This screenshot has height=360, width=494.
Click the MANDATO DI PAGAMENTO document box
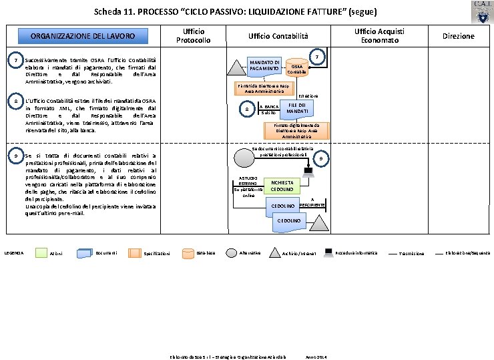[264, 65]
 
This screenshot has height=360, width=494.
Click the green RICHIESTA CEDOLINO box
[280, 186]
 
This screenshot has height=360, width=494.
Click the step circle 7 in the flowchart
[319, 57]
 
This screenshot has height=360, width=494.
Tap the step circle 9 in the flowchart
[321, 158]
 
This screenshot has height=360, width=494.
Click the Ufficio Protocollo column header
[193, 36]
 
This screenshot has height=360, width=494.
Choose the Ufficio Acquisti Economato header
[379, 36]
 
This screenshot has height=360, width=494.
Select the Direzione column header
[458, 36]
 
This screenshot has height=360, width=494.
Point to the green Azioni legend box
[41, 253]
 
